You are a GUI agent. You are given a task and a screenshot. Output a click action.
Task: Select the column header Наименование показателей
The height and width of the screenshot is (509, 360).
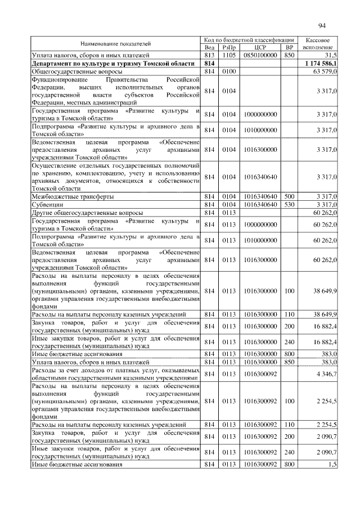pyautogui.click(x=115, y=43)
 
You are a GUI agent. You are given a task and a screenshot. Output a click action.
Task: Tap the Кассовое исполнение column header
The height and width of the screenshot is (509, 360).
pyautogui.click(x=320, y=43)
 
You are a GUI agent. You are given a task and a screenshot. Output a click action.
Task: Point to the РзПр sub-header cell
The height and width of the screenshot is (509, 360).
pyautogui.click(x=228, y=47)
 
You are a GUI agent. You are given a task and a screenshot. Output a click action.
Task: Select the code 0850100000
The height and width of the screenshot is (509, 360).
pyautogui.click(x=260, y=55)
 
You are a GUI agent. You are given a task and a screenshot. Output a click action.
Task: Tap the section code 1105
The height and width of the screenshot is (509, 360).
pyautogui.click(x=228, y=55)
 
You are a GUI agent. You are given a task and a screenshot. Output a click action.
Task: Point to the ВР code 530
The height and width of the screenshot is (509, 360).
pyautogui.click(x=290, y=205)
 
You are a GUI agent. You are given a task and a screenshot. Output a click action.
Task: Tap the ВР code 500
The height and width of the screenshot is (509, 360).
pyautogui.click(x=290, y=197)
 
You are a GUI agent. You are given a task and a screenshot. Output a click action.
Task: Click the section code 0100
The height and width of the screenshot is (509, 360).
pyautogui.click(x=228, y=72)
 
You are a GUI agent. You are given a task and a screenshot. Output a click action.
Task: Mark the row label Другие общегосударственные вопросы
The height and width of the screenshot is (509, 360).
pyautogui.click(x=87, y=213)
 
